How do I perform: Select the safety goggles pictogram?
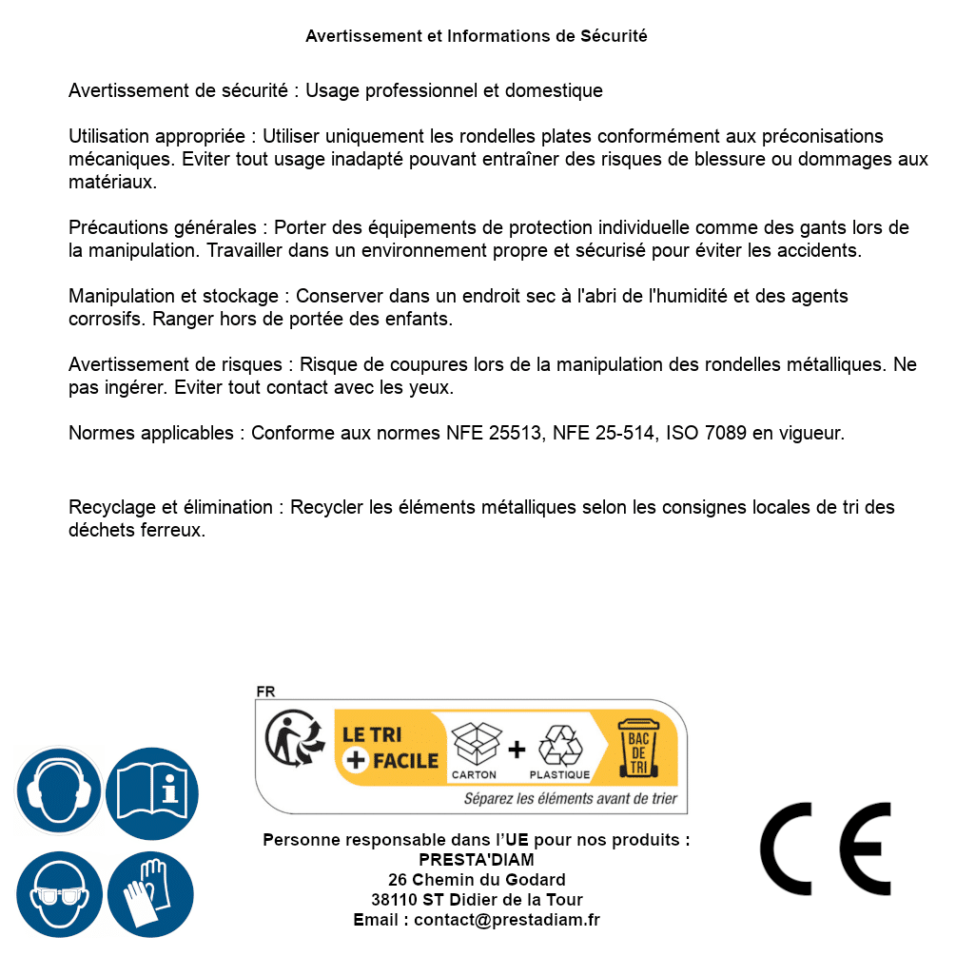tap(58, 894)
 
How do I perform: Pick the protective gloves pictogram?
tap(151, 894)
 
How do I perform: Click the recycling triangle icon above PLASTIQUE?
tap(559, 745)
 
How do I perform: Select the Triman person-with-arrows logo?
tap(290, 739)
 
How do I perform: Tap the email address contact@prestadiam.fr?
tap(507, 920)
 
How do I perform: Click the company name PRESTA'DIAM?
tap(477, 860)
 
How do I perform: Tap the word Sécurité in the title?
tap(614, 36)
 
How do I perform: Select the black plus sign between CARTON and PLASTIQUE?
tap(517, 750)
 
